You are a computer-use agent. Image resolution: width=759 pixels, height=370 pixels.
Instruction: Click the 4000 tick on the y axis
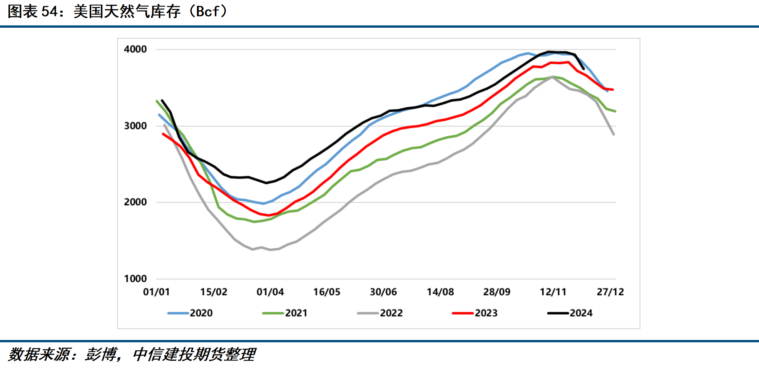135,49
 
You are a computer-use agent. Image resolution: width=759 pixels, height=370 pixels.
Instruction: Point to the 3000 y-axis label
135,126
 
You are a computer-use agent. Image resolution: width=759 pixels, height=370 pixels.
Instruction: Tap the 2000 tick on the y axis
135,202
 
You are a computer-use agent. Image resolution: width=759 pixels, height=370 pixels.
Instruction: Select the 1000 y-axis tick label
135,278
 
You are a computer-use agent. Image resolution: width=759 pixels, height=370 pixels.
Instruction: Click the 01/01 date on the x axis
156,292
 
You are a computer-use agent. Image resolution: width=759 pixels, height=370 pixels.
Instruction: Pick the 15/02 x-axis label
214,292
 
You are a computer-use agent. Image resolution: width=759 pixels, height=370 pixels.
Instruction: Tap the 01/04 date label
270,292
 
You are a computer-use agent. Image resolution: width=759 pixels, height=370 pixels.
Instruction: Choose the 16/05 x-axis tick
327,292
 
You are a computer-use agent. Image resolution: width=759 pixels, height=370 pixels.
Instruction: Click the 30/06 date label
383,292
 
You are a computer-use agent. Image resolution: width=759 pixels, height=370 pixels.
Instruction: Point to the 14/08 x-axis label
440,292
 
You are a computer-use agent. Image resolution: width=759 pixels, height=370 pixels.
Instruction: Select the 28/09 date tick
497,292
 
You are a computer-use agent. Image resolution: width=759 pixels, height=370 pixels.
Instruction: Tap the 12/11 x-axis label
553,292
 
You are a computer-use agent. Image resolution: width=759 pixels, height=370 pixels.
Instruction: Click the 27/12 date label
610,292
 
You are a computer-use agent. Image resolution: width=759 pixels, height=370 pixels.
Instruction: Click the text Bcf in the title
208,12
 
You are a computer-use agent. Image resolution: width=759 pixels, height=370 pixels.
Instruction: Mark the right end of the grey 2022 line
614,134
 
